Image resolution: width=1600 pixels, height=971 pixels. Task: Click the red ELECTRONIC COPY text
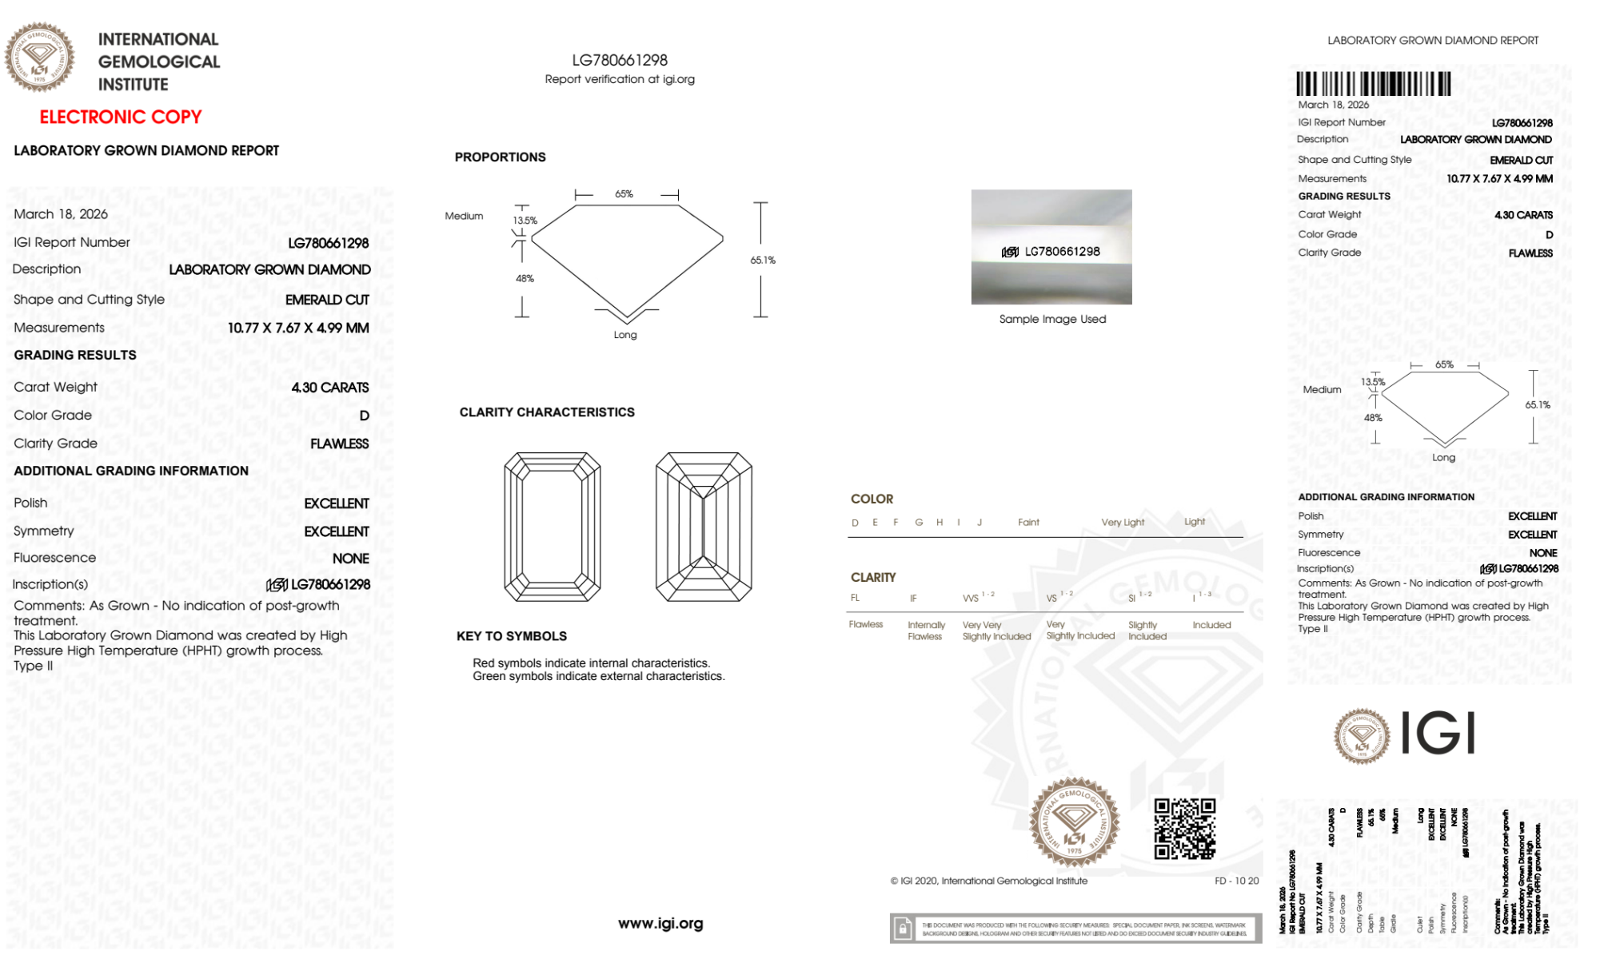pyautogui.click(x=121, y=117)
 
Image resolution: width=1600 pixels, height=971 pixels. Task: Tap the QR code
pyautogui.click(x=1184, y=829)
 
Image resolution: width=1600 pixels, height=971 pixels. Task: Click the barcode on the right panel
pyautogui.click(x=1373, y=84)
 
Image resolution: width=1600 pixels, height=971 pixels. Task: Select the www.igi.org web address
pyautogui.click(x=660, y=924)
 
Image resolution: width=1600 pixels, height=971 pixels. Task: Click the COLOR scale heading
pyautogui.click(x=872, y=499)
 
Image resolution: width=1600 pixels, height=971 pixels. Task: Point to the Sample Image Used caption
pyautogui.click(x=1052, y=319)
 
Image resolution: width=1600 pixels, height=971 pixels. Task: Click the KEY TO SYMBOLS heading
pyautogui.click(x=511, y=636)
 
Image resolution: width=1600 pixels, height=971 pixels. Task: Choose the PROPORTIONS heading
pyautogui.click(x=500, y=157)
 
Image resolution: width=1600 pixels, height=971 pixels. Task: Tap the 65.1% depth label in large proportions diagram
pyautogui.click(x=763, y=261)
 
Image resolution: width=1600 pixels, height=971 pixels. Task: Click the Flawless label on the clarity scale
pyautogui.click(x=865, y=625)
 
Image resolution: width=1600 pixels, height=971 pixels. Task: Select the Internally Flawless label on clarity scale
pyautogui.click(x=926, y=631)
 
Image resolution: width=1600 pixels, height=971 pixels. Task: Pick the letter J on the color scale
pyautogui.click(x=980, y=523)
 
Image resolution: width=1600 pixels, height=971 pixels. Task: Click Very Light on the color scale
pyautogui.click(x=1123, y=523)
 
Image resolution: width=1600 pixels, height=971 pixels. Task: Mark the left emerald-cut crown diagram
pyautogui.click(x=552, y=527)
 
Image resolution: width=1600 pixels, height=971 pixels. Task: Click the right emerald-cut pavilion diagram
pyautogui.click(x=704, y=527)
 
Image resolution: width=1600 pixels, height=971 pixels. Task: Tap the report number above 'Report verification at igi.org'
pyautogui.click(x=620, y=60)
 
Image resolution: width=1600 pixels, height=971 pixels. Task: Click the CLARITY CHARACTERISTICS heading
pyautogui.click(x=547, y=412)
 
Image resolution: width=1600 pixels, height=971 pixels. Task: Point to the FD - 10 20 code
pyautogui.click(x=1236, y=881)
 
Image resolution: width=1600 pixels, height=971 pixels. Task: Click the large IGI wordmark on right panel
pyautogui.click(x=1438, y=734)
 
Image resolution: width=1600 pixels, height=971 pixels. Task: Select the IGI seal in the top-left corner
pyautogui.click(x=40, y=58)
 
